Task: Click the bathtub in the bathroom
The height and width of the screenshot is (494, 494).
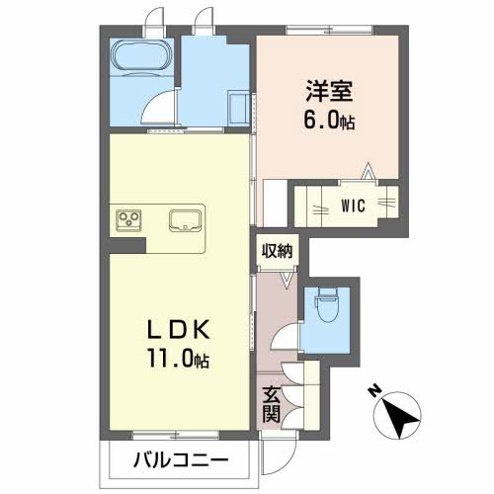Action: [x=141, y=55]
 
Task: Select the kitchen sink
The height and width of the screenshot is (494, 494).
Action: [x=185, y=220]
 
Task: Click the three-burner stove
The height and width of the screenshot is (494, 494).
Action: [x=128, y=220]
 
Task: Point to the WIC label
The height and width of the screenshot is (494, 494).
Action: [x=353, y=206]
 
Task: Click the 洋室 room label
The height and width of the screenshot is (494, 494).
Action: [x=329, y=91]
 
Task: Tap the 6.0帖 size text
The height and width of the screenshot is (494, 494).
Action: [x=329, y=121]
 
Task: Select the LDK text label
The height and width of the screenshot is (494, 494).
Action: [x=179, y=330]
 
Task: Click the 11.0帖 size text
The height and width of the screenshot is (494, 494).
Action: [x=179, y=359]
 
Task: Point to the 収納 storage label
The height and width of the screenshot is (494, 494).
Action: [x=277, y=252]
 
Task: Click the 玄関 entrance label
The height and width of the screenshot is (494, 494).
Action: [x=271, y=405]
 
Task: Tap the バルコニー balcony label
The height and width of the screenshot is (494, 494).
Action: [x=181, y=460]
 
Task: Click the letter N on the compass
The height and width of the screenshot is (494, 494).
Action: [x=373, y=391]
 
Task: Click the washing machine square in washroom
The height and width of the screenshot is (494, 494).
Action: [x=238, y=108]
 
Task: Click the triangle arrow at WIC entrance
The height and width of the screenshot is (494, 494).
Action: [x=368, y=171]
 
